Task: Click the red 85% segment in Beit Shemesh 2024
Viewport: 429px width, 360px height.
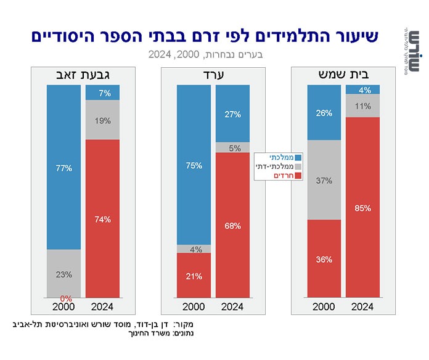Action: point(362,207)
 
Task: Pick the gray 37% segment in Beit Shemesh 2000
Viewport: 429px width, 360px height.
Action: point(324,180)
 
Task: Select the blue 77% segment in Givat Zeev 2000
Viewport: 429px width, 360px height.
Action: point(64,167)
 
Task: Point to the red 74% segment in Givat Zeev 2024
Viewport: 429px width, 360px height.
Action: point(102,219)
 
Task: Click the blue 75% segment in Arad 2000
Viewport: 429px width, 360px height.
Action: point(194,165)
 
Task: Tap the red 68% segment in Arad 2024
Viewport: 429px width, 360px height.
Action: point(232,225)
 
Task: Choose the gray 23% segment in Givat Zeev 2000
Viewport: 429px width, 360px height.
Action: point(64,274)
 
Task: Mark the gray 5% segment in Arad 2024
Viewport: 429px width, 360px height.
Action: point(232,148)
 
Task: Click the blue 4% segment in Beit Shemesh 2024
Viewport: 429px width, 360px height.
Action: point(362,90)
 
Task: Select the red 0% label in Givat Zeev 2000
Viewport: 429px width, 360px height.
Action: point(57,298)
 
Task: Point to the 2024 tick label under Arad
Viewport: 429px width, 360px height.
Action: point(232,306)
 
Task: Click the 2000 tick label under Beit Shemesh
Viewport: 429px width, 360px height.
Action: point(324,306)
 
